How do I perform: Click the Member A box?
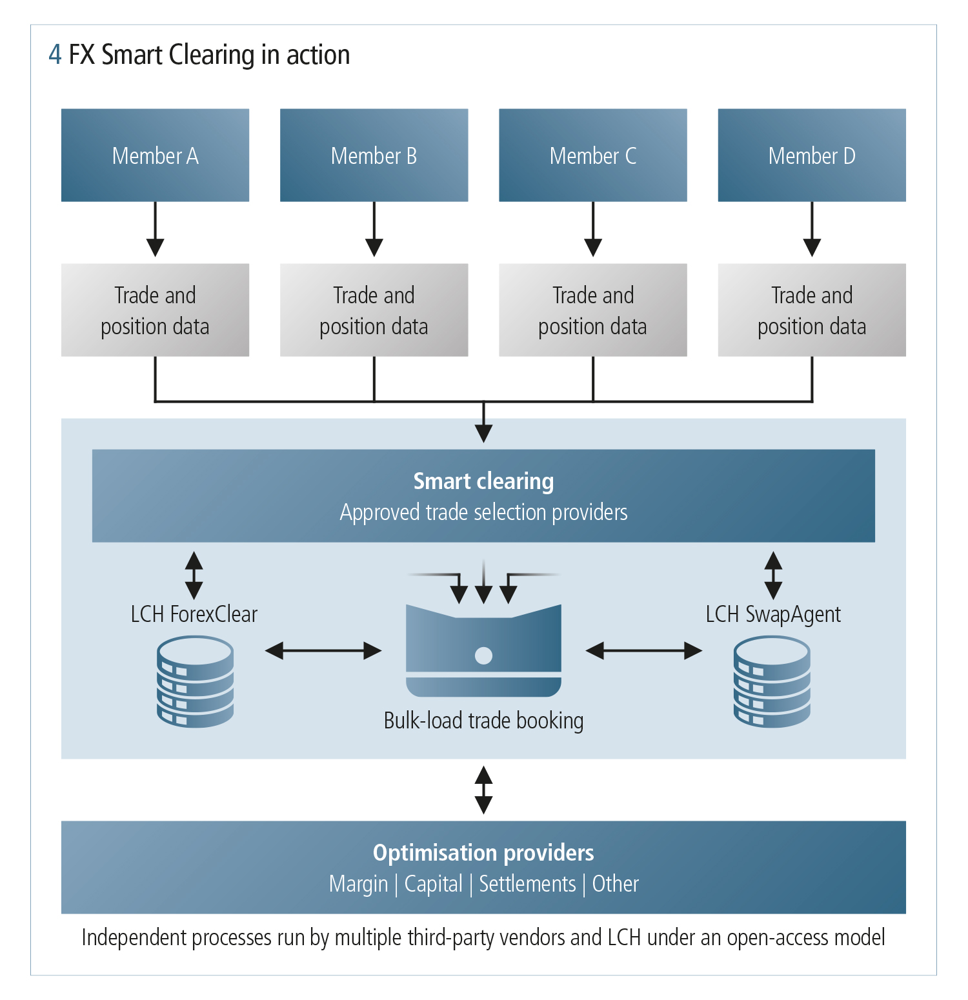[x=155, y=155]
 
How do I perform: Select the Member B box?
[x=374, y=155]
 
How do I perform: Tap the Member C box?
[x=592, y=155]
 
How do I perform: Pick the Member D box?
[x=812, y=155]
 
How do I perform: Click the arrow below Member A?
[x=155, y=230]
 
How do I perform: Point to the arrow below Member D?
[x=812, y=230]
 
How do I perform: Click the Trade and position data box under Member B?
[x=374, y=310]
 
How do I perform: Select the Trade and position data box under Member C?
[x=592, y=310]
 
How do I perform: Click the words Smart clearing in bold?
[x=483, y=481]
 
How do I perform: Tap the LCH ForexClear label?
[x=194, y=614]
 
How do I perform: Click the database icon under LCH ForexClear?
[x=195, y=682]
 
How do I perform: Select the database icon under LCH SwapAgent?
[x=772, y=682]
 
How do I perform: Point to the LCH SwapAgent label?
[x=773, y=614]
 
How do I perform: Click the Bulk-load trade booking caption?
[x=483, y=721]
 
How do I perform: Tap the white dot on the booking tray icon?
[x=483, y=655]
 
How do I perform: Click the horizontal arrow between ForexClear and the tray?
[x=323, y=650]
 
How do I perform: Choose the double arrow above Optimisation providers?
[x=483, y=790]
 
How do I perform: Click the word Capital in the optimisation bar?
[x=433, y=884]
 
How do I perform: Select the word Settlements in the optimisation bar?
[x=527, y=884]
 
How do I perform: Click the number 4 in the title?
[x=55, y=55]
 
